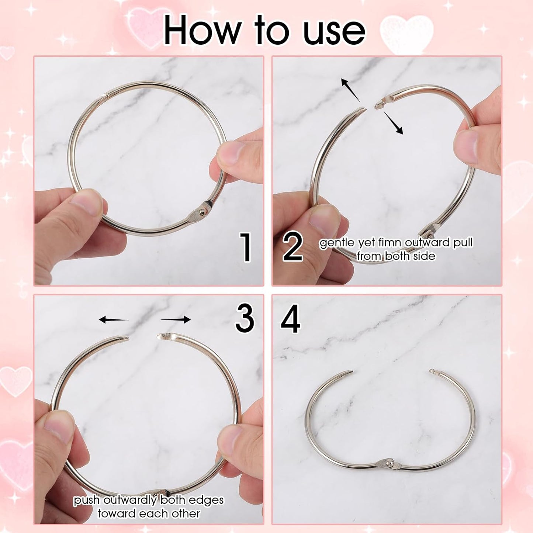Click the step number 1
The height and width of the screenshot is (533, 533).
245,247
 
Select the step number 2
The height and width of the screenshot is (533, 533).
293,247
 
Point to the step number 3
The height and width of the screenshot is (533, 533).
245,319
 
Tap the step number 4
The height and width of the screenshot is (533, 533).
291,319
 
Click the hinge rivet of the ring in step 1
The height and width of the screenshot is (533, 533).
201,211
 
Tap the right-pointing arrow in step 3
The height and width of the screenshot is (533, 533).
176,319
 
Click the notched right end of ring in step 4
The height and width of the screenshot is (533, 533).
432,371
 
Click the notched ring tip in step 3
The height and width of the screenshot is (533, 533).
162,336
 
